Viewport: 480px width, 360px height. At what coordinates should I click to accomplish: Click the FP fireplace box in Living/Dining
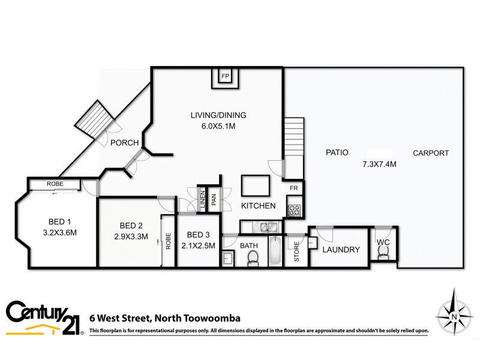(x=226, y=77)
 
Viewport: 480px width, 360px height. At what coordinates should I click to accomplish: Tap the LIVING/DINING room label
(x=218, y=115)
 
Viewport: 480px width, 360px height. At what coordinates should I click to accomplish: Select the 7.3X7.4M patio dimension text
(x=379, y=164)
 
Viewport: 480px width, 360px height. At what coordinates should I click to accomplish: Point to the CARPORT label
(x=431, y=153)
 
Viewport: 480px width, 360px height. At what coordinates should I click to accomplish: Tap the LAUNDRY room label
(x=341, y=250)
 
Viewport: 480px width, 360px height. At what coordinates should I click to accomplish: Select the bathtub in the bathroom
(x=275, y=251)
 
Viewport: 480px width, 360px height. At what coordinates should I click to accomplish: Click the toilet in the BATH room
(x=253, y=257)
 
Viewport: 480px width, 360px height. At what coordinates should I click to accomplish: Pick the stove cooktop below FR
(x=295, y=210)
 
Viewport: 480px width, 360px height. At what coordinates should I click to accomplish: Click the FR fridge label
(x=294, y=188)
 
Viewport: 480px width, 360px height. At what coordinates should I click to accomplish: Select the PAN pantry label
(x=213, y=198)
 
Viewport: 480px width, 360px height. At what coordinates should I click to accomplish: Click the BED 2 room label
(x=131, y=226)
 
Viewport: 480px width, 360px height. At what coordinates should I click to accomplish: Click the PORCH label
(x=125, y=143)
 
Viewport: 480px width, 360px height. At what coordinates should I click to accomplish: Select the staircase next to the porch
(x=94, y=119)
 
